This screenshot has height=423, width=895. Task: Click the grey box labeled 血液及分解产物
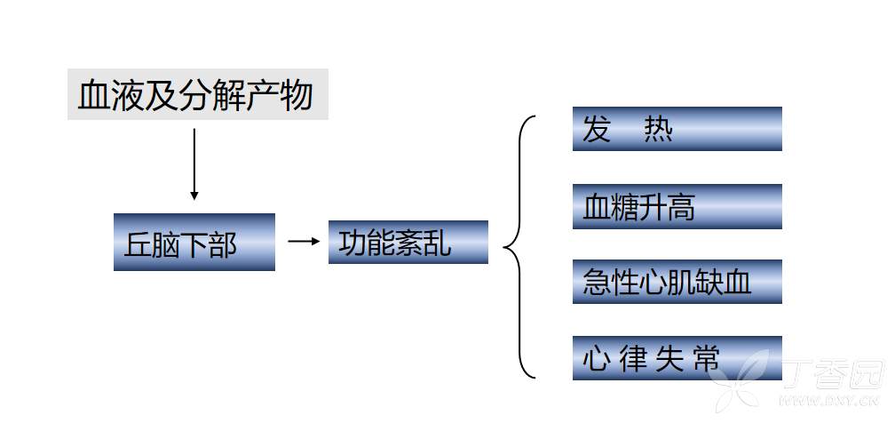tap(198, 94)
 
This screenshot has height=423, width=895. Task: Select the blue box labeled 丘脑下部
tap(194, 242)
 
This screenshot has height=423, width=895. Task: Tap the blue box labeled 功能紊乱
tap(408, 242)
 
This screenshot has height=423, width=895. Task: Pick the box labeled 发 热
tap(677, 129)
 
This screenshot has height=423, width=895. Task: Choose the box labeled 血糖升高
tap(677, 206)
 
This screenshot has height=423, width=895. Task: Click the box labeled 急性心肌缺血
tap(677, 282)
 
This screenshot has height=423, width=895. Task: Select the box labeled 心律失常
tap(677, 358)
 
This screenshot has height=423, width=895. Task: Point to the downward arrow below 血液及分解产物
tap(194, 164)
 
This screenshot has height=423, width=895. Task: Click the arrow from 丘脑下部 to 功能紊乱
tap(303, 241)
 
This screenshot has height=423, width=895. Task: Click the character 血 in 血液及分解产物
tap(93, 95)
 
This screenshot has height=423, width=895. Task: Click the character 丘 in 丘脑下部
tap(139, 244)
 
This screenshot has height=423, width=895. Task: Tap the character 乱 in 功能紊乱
tap(437, 243)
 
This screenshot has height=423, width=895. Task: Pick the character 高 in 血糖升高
tap(680, 207)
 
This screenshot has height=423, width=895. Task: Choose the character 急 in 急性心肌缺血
tap(597, 283)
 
